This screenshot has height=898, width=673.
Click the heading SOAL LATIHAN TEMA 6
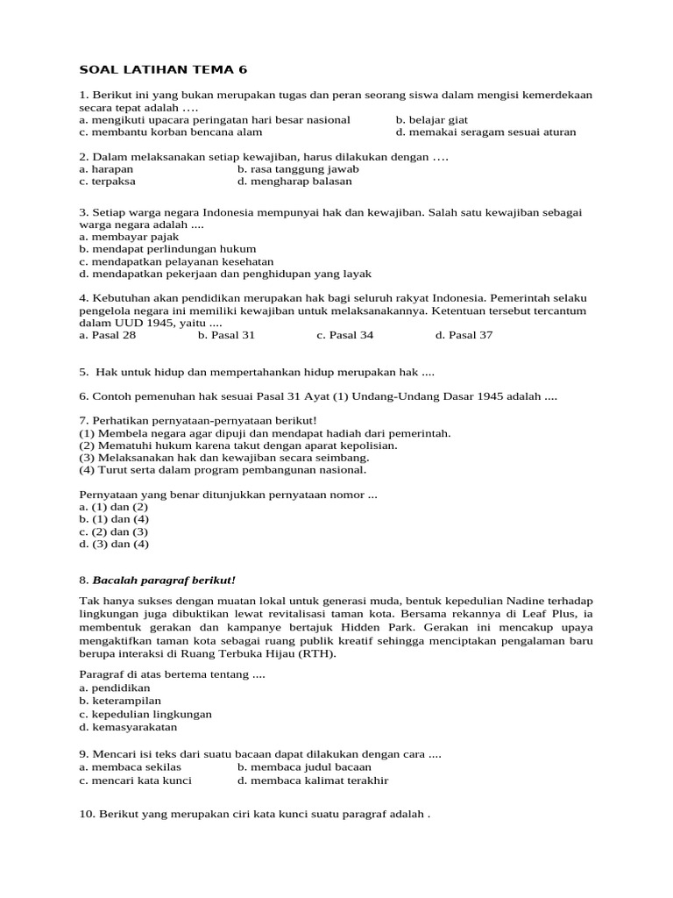(x=160, y=70)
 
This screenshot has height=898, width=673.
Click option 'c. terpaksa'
(x=107, y=182)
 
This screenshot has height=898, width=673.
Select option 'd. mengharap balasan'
(x=294, y=182)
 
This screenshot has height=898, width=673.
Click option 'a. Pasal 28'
(x=108, y=335)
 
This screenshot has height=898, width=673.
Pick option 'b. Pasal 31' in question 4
(x=226, y=335)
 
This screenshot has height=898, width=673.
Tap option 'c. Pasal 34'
(x=345, y=335)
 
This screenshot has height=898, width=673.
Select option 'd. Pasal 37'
(x=464, y=335)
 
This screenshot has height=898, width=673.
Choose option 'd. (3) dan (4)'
(x=114, y=544)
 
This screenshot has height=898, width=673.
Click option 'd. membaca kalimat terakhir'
(x=313, y=780)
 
